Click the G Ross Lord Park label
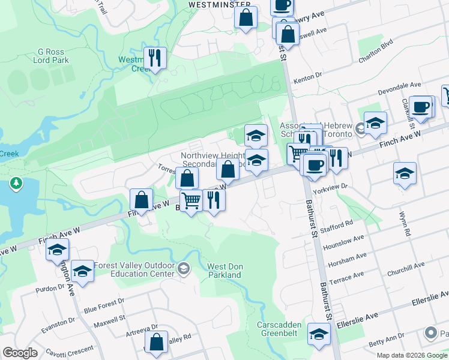[53, 56]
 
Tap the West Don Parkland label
[224, 271]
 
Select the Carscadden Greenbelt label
[282, 329]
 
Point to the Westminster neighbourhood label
[219, 4]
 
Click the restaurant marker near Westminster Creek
[155, 58]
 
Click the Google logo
[20, 353]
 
